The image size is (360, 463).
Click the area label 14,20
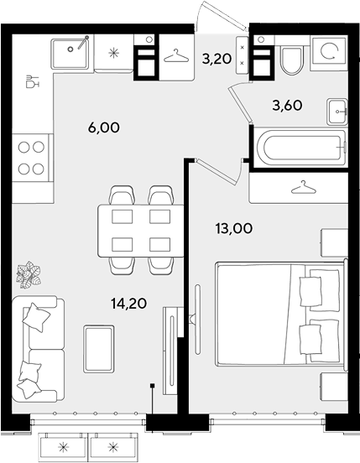point(128,304)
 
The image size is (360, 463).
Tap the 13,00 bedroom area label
point(234,228)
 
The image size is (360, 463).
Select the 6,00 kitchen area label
point(104,127)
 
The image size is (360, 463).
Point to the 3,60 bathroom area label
point(287,105)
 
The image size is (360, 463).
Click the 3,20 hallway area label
point(217,59)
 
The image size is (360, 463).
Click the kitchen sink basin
point(70,54)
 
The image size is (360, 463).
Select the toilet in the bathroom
point(292,60)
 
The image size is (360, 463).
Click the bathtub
point(300,147)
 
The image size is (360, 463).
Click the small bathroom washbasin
point(337,112)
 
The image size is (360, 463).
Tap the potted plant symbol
point(29,274)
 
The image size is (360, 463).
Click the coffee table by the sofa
point(99,349)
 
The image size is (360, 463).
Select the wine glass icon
point(32,81)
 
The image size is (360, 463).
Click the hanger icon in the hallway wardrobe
point(176,56)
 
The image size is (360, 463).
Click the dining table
point(141,231)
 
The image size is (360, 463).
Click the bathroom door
point(240,103)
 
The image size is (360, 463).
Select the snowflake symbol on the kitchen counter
point(113,53)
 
